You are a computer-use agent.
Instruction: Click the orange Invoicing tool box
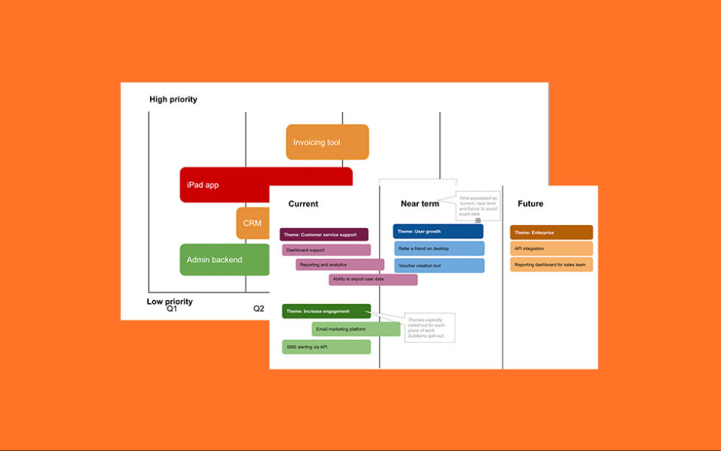pos(327,142)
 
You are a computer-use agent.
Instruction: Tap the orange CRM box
pos(252,222)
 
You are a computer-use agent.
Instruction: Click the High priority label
pos(173,99)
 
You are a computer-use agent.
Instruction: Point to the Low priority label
pos(169,301)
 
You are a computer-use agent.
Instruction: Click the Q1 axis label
pos(171,309)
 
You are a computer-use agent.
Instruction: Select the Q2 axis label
pos(258,309)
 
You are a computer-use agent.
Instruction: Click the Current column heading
pos(303,204)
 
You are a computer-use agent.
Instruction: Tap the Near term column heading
pos(420,204)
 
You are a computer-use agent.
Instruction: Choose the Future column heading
pos(530,204)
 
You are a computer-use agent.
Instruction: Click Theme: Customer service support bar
pos(324,235)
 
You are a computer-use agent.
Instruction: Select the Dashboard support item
pos(326,250)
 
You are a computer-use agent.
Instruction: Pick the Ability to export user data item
pos(373,280)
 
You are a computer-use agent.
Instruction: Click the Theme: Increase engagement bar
pos(326,311)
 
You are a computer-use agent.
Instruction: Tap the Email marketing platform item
pos(355,329)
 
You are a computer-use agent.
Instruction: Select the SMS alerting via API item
pos(326,347)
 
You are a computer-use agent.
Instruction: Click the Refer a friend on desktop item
pos(438,249)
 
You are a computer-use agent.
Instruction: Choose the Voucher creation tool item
pos(438,266)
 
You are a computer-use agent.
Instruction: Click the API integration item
pos(551,249)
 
